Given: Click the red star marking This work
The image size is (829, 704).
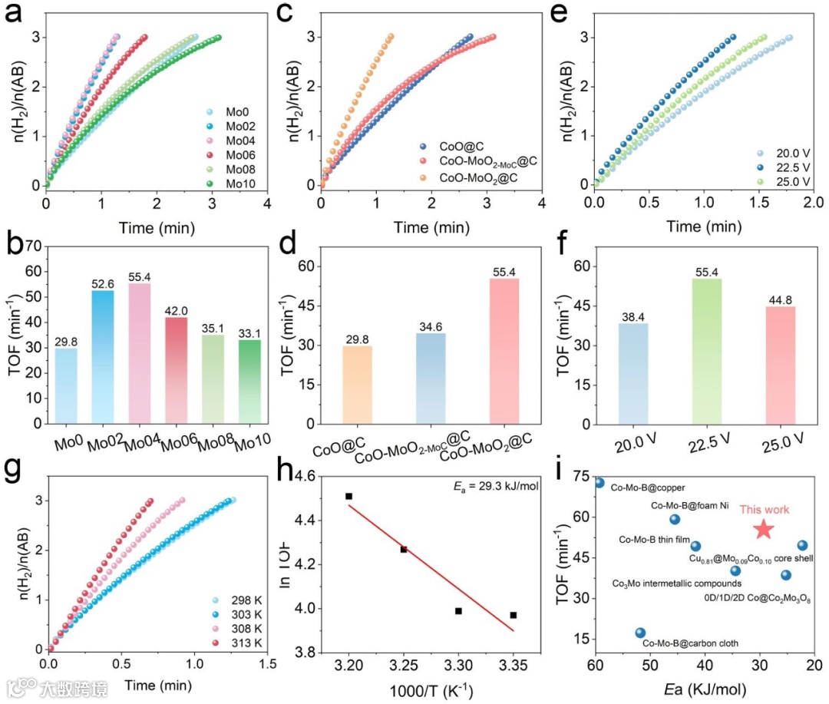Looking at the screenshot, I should click(x=763, y=529).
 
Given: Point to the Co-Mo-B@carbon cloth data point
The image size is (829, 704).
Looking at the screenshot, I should click(x=640, y=633).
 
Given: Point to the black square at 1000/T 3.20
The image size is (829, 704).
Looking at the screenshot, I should click(x=348, y=496).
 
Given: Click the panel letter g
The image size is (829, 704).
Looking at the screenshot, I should click(x=13, y=470).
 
